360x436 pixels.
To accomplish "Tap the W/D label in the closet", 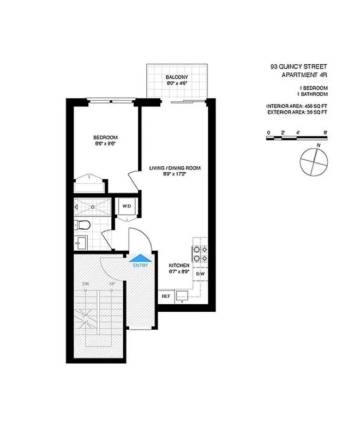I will (127, 207).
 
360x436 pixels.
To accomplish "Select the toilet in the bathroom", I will (82, 225).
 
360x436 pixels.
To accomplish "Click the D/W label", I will (200, 274).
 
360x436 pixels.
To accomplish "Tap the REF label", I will (165, 296).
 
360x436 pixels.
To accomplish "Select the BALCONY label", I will (177, 77).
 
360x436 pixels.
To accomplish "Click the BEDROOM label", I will (105, 137).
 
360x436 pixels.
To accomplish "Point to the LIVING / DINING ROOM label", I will (175, 168).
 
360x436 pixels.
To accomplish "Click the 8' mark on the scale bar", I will (326, 132).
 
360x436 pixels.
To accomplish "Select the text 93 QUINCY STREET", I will (299, 67).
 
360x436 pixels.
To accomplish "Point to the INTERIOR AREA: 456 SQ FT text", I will (297, 106).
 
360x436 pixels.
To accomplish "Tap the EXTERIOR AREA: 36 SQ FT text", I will (297, 112).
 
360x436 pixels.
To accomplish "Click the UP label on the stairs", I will (112, 284).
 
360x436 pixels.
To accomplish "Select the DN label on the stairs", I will (86, 284).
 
